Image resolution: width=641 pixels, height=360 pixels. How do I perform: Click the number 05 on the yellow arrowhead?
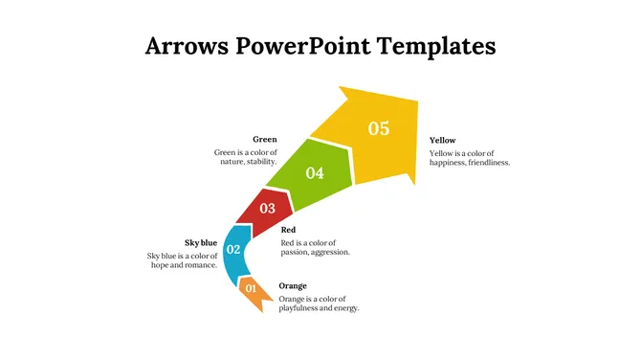379,128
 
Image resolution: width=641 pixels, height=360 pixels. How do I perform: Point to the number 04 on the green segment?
315,173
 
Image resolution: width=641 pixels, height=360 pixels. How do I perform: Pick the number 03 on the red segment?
267,209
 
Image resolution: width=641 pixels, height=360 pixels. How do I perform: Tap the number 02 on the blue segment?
232,250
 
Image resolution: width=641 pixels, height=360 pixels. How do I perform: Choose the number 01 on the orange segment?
251,288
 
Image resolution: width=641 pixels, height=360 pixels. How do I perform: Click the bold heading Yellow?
443,141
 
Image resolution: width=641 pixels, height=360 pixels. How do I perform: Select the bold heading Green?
264,140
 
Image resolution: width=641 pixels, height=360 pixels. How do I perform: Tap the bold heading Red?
288,230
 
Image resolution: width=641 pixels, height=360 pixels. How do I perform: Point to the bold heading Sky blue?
201,243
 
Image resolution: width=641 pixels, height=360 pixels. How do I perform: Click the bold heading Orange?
293,286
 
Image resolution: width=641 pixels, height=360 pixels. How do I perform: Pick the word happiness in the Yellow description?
450,163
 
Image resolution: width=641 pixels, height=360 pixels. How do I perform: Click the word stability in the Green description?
259,162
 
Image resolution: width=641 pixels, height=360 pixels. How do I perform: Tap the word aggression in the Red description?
330,252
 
